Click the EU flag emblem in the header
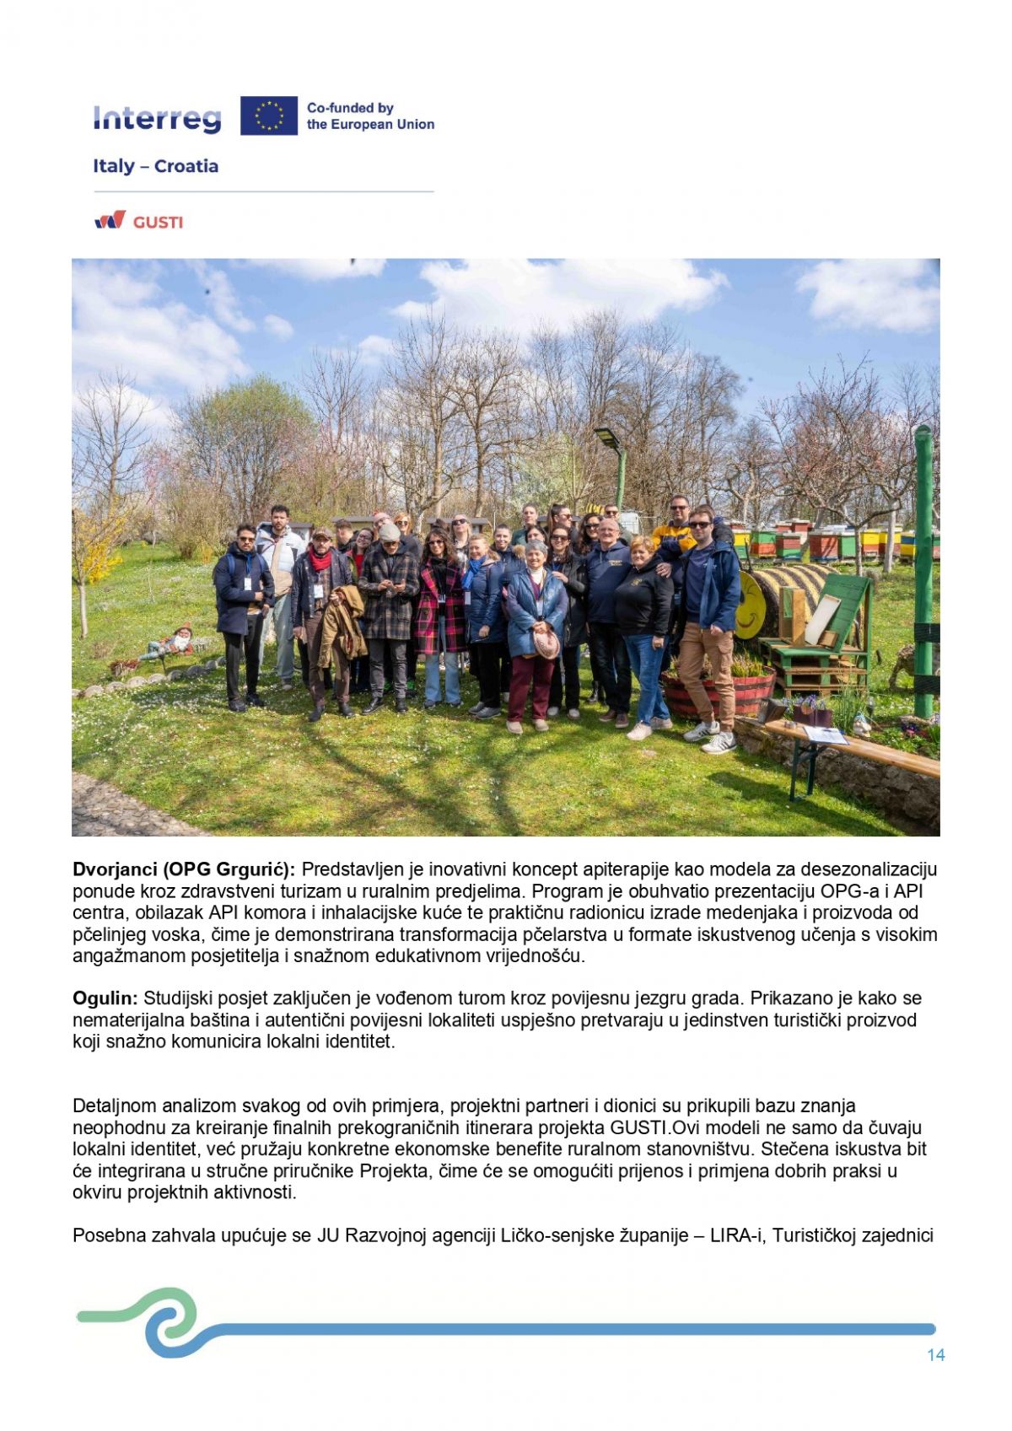click(268, 116)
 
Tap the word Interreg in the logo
click(157, 119)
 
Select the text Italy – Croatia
click(155, 166)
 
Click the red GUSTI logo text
click(158, 223)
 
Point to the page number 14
click(935, 1355)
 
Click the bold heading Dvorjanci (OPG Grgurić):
click(184, 869)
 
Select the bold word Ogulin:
click(105, 998)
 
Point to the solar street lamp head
click(606, 438)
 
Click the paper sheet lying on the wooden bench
click(824, 735)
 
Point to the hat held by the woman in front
click(546, 644)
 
